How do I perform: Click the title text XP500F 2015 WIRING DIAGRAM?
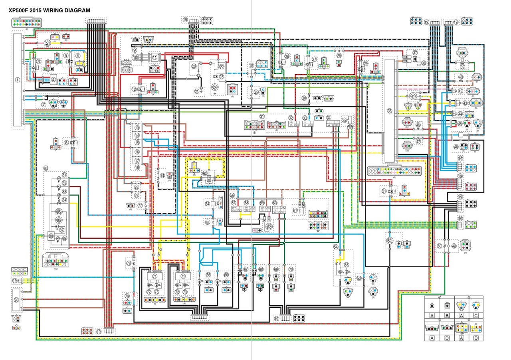50,10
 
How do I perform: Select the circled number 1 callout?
18,79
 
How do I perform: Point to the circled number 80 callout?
46,168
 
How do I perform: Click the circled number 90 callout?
16,300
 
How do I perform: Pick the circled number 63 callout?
205,173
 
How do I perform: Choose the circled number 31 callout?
262,116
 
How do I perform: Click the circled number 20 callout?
194,66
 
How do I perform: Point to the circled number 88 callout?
51,235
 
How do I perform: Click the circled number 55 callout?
347,265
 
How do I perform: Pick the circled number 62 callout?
269,226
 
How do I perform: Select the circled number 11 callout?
154,57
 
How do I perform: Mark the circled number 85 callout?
59,212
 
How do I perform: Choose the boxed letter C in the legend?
476,315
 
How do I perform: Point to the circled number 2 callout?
47,43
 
